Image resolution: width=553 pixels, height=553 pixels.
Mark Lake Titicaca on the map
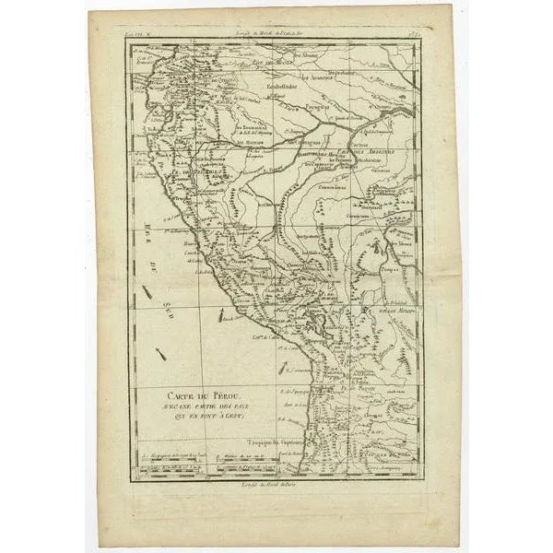[318, 323]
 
